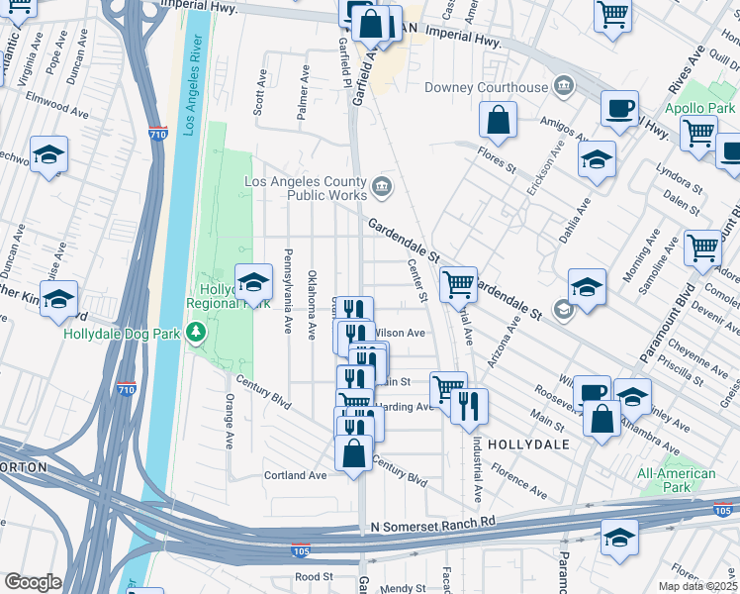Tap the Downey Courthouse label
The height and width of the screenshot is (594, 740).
[486, 87]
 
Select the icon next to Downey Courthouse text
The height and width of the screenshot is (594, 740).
[564, 87]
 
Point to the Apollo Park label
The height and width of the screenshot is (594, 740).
[699, 107]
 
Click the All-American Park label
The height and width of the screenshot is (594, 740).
[677, 480]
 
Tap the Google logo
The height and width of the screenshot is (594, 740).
[33, 582]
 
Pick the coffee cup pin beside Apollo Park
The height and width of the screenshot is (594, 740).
[619, 110]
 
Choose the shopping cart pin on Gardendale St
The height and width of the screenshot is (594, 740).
[458, 285]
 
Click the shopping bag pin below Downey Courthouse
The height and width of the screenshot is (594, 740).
[499, 122]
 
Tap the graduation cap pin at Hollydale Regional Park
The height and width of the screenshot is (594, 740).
[253, 283]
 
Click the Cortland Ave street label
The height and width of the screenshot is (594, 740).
[295, 475]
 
